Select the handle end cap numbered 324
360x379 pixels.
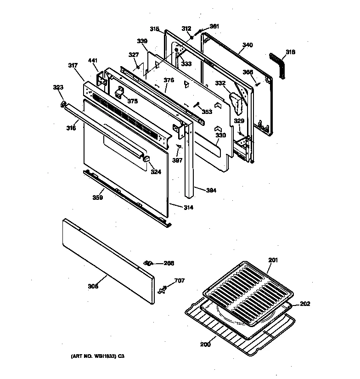[x=147, y=158]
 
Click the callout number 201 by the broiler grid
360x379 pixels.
[x=273, y=261]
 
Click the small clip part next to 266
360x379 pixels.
[x=147, y=263]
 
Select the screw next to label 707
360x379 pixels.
[x=160, y=289]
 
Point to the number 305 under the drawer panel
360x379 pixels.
[x=93, y=287]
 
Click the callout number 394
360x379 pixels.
[x=211, y=190]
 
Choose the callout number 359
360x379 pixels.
[x=97, y=198]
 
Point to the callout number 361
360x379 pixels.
[x=214, y=26]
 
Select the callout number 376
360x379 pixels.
[x=169, y=80]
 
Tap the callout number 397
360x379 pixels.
[x=178, y=160]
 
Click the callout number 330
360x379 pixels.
[x=221, y=136]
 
